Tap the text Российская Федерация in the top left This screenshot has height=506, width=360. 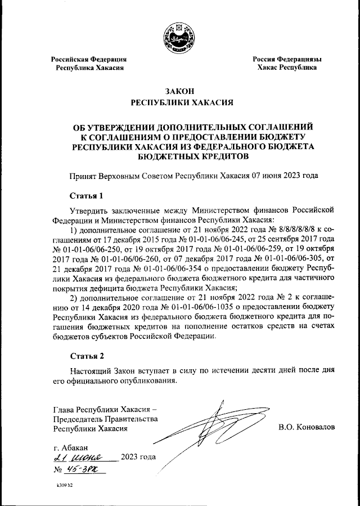(89, 59)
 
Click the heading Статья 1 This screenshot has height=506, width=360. (87, 196)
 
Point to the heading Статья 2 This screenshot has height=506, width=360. (87, 356)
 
